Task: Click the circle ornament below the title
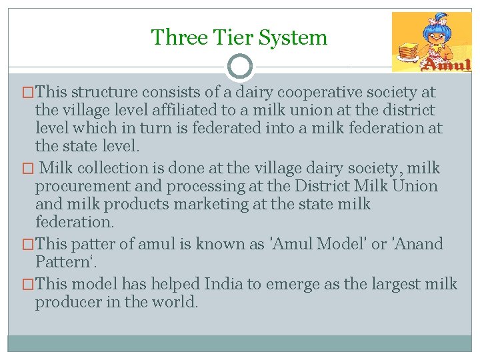click(240, 67)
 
